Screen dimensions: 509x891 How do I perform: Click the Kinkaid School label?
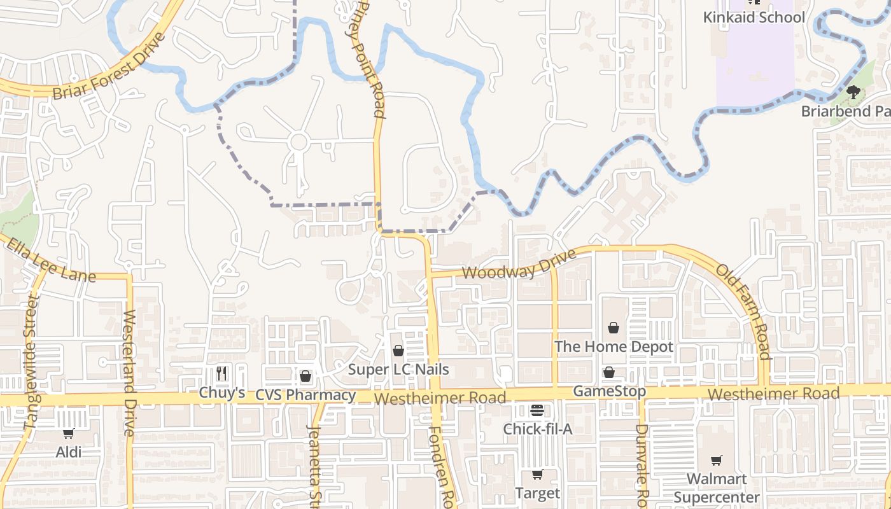[x=754, y=17]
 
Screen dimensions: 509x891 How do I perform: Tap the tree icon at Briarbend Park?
[x=853, y=92]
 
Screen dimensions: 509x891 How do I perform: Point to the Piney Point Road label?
[x=370, y=60]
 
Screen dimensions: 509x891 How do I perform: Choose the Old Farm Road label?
[x=744, y=311]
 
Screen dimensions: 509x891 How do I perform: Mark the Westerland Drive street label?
[x=130, y=372]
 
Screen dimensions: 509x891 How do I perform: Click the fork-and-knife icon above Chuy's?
[x=221, y=373]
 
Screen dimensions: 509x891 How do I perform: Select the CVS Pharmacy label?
[x=305, y=395]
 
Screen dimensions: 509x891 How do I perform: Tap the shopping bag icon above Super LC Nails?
[x=398, y=351]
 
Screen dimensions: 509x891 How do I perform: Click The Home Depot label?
[x=614, y=347]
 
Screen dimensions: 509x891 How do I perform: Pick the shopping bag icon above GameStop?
[x=609, y=372]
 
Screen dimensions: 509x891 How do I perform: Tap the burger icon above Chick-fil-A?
[x=537, y=410]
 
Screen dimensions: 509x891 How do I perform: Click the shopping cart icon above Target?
[x=537, y=474]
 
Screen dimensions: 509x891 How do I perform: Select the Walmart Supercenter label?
[x=717, y=487]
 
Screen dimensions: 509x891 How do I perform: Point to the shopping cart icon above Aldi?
[x=68, y=433]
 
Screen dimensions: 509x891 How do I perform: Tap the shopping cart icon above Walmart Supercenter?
[x=717, y=460]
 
